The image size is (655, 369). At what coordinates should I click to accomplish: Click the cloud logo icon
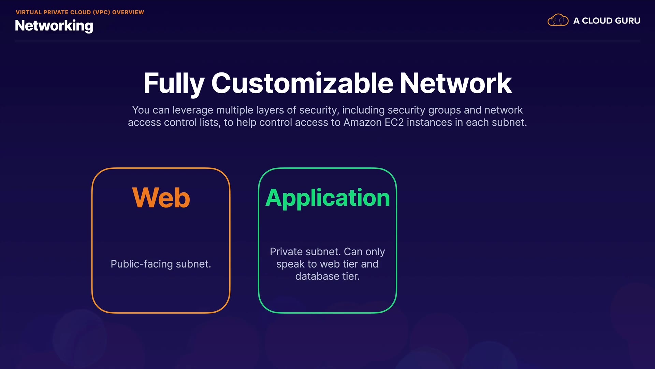[x=558, y=20]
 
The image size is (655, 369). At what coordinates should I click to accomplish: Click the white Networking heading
[x=54, y=26]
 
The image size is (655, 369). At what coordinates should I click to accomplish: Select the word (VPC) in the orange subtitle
[x=101, y=12]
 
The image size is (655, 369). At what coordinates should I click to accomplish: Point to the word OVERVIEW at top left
[x=128, y=12]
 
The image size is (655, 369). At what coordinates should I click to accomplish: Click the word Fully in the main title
[x=174, y=84]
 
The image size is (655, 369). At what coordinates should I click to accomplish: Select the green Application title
[x=327, y=198]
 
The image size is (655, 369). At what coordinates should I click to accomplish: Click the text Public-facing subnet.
[x=161, y=264]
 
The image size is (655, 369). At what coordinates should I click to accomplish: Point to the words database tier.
[x=327, y=276]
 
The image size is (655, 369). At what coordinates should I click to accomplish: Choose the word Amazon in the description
[x=362, y=122]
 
